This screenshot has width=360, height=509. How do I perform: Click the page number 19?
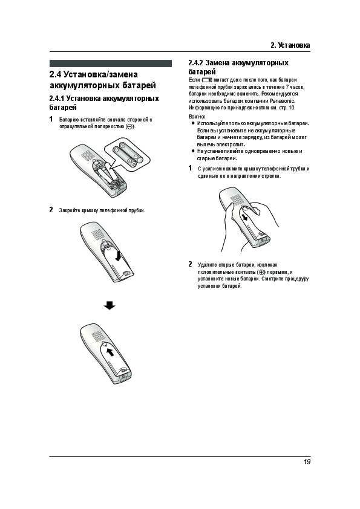click(x=307, y=462)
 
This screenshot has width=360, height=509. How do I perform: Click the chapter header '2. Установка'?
click(x=290, y=45)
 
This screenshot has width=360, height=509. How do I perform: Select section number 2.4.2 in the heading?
click(x=195, y=63)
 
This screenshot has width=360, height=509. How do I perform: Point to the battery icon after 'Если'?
click(x=207, y=80)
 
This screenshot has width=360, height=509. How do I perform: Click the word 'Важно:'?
click(x=197, y=116)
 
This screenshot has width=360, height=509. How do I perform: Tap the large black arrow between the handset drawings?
click(x=110, y=305)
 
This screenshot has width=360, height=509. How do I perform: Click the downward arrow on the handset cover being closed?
click(x=118, y=255)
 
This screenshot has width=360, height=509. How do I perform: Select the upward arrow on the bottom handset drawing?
click(x=111, y=352)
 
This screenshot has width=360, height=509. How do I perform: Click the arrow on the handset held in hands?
click(x=245, y=216)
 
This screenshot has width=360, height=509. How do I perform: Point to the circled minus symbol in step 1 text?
click(x=129, y=126)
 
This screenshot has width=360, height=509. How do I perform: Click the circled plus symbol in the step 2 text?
click(x=261, y=272)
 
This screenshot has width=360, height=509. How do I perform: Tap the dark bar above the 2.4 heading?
click(x=111, y=63)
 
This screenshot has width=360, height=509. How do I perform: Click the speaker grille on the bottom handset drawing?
click(x=97, y=337)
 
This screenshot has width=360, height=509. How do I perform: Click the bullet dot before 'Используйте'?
click(x=193, y=123)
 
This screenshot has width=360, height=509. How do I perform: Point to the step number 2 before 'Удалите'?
click(x=191, y=264)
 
